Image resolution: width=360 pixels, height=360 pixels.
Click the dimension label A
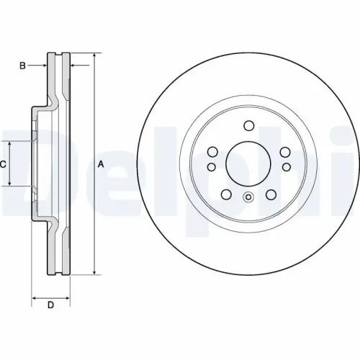point(101,163)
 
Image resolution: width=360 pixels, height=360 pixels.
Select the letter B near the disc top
point(22,66)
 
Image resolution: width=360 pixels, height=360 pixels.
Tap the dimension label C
point(4,164)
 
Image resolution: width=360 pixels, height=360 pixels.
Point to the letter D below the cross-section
point(50,305)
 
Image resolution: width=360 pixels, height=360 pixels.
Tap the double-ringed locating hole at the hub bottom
point(248,199)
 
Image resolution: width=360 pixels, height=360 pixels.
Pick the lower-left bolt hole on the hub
point(225,194)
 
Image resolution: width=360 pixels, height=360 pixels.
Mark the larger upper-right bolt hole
point(284,152)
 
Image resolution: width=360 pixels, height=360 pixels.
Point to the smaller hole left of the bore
point(211,167)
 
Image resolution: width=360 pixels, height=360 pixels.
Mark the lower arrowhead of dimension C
point(9,184)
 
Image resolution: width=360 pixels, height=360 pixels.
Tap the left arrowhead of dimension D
point(33,296)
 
